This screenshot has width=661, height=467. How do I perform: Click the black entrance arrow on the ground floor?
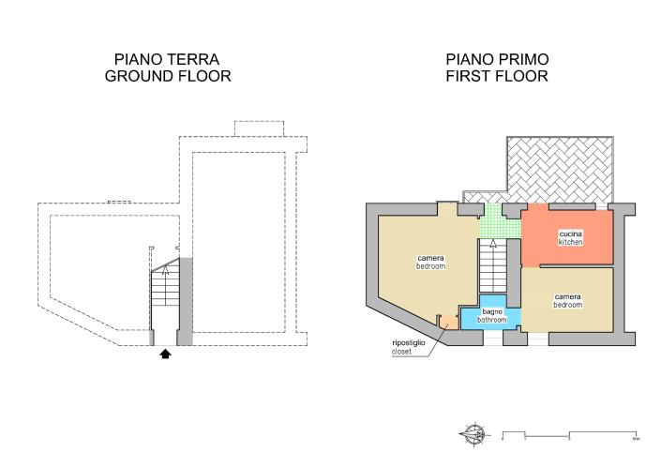pos(165,354)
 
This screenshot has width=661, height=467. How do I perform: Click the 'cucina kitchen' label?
pos(570,237)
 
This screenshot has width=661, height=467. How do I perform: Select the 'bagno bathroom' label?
pos(492,315)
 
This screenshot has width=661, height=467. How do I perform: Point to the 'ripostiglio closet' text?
pos(409,347)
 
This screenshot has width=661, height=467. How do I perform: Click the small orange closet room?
pos(448,322)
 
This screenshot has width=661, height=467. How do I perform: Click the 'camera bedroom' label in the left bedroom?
pos(431,262)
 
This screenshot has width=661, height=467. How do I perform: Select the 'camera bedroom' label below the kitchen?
pos(567,300)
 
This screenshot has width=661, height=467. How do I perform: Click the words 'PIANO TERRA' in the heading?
pos(168,59)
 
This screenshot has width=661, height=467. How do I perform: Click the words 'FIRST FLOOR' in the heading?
pos(497,76)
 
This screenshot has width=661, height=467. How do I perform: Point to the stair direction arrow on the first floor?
pos(493,246)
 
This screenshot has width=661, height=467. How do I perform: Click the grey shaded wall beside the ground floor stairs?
pos(186,300)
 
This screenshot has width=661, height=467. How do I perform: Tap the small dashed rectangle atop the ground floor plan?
pos(252,128)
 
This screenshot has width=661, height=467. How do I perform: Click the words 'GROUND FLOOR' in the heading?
pos(168,76)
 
